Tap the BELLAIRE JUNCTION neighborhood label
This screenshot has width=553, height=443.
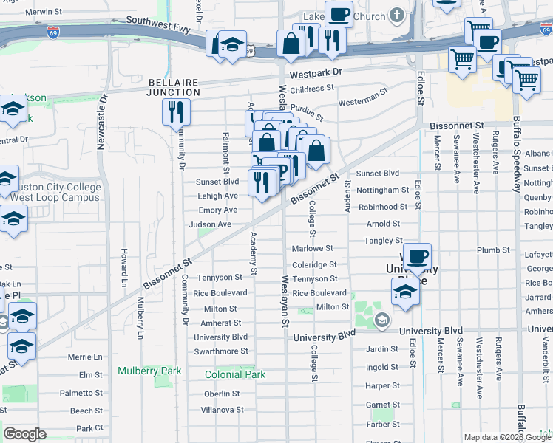click(174, 87)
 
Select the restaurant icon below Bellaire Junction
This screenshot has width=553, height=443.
click(176, 111)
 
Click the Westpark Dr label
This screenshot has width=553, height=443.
click(316, 74)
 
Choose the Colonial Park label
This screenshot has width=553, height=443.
click(235, 374)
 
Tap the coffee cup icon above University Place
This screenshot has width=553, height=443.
click(418, 255)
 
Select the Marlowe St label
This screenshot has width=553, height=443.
click(313, 249)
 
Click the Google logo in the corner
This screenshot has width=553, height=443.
click(24, 433)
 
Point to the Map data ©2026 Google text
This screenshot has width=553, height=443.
click(507, 437)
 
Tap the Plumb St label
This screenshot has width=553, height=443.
click(489, 250)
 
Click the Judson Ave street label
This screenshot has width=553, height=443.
click(210, 224)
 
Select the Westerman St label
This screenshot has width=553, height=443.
click(363, 96)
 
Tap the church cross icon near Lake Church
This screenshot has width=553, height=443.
click(397, 16)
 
